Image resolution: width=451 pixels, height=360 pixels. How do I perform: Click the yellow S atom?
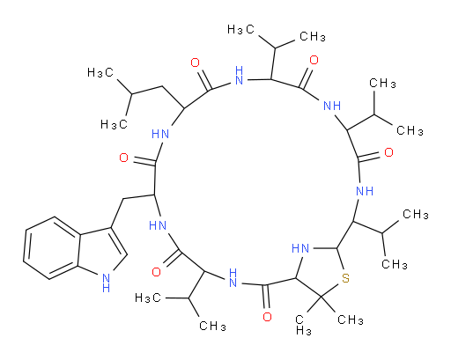click(345, 278)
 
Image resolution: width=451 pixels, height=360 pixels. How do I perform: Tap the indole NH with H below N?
click(106, 283)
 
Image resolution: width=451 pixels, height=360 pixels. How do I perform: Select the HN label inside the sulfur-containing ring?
click(300, 248)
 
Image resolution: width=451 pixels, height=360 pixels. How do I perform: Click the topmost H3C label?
click(240, 29)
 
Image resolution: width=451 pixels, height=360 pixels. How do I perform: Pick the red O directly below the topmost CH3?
click(314, 60)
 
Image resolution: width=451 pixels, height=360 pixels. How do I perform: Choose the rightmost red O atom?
click(388, 152)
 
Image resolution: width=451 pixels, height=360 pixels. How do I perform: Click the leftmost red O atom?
click(124, 158)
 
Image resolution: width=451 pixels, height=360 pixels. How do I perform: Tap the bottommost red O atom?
click(267, 317)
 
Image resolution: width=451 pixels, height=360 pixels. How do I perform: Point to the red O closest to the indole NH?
click(156, 272)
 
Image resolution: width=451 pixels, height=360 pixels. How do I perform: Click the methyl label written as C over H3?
click(303, 325)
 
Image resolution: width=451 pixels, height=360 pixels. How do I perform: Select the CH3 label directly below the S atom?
click(351, 320)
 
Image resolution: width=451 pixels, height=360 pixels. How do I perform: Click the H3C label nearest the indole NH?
click(148, 298)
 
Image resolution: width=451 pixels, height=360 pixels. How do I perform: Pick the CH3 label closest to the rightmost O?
click(410, 130)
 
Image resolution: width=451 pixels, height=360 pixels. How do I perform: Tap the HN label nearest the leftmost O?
click(160, 135)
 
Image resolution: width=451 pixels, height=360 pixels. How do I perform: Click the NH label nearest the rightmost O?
click(365, 191)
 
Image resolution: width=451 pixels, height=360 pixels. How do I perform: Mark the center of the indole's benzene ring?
click(52, 248)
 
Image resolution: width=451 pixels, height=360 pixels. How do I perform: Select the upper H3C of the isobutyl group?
click(100, 72)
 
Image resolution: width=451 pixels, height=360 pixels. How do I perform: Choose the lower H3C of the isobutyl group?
click(114, 124)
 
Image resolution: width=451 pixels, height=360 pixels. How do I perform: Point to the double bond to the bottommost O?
click(267, 297)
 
